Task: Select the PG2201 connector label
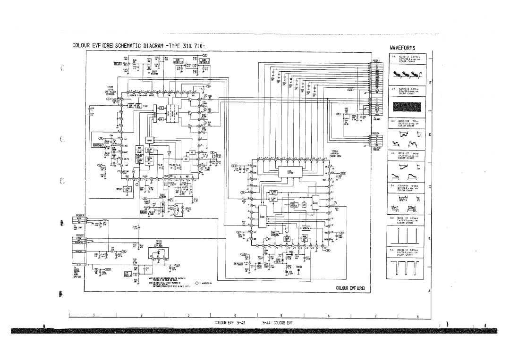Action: point(376,60)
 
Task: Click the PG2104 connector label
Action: point(376,134)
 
